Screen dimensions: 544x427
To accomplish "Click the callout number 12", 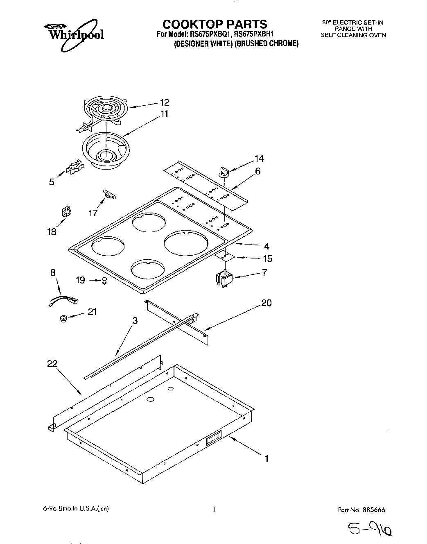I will (164, 102).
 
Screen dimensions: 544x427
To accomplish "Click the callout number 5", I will (52, 182).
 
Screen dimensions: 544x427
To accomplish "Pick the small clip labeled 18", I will (66, 211).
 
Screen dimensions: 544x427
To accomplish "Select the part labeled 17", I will (109, 195).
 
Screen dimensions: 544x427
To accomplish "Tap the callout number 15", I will (267, 258).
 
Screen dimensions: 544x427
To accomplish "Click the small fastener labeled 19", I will (104, 281).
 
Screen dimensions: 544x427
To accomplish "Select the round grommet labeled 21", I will (63, 318).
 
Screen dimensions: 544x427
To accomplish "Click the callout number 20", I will (266, 303).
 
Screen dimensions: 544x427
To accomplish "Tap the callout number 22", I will (52, 363).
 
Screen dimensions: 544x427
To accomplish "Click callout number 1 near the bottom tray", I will (267, 458).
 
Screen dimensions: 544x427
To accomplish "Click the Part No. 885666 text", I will (361, 510).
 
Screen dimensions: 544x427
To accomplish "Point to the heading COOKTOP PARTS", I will (215, 24).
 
